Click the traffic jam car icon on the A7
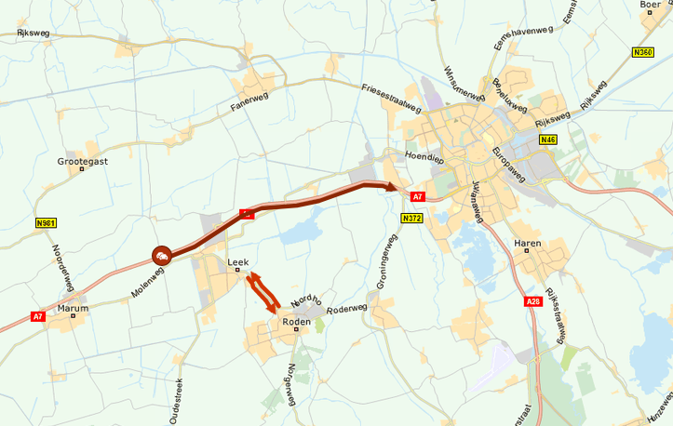click(x=162, y=254)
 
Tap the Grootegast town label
click(x=83, y=161)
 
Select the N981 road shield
click(x=46, y=223)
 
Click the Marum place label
click(x=73, y=308)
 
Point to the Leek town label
click(x=238, y=263)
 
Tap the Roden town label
click(x=296, y=323)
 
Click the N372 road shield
click(x=412, y=218)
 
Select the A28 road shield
click(x=533, y=301)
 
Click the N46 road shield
click(x=547, y=140)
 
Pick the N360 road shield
click(x=642, y=52)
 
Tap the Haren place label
click(x=528, y=244)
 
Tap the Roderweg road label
click(x=349, y=308)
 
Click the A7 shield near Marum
click(x=38, y=316)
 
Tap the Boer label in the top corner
click(x=651, y=5)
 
